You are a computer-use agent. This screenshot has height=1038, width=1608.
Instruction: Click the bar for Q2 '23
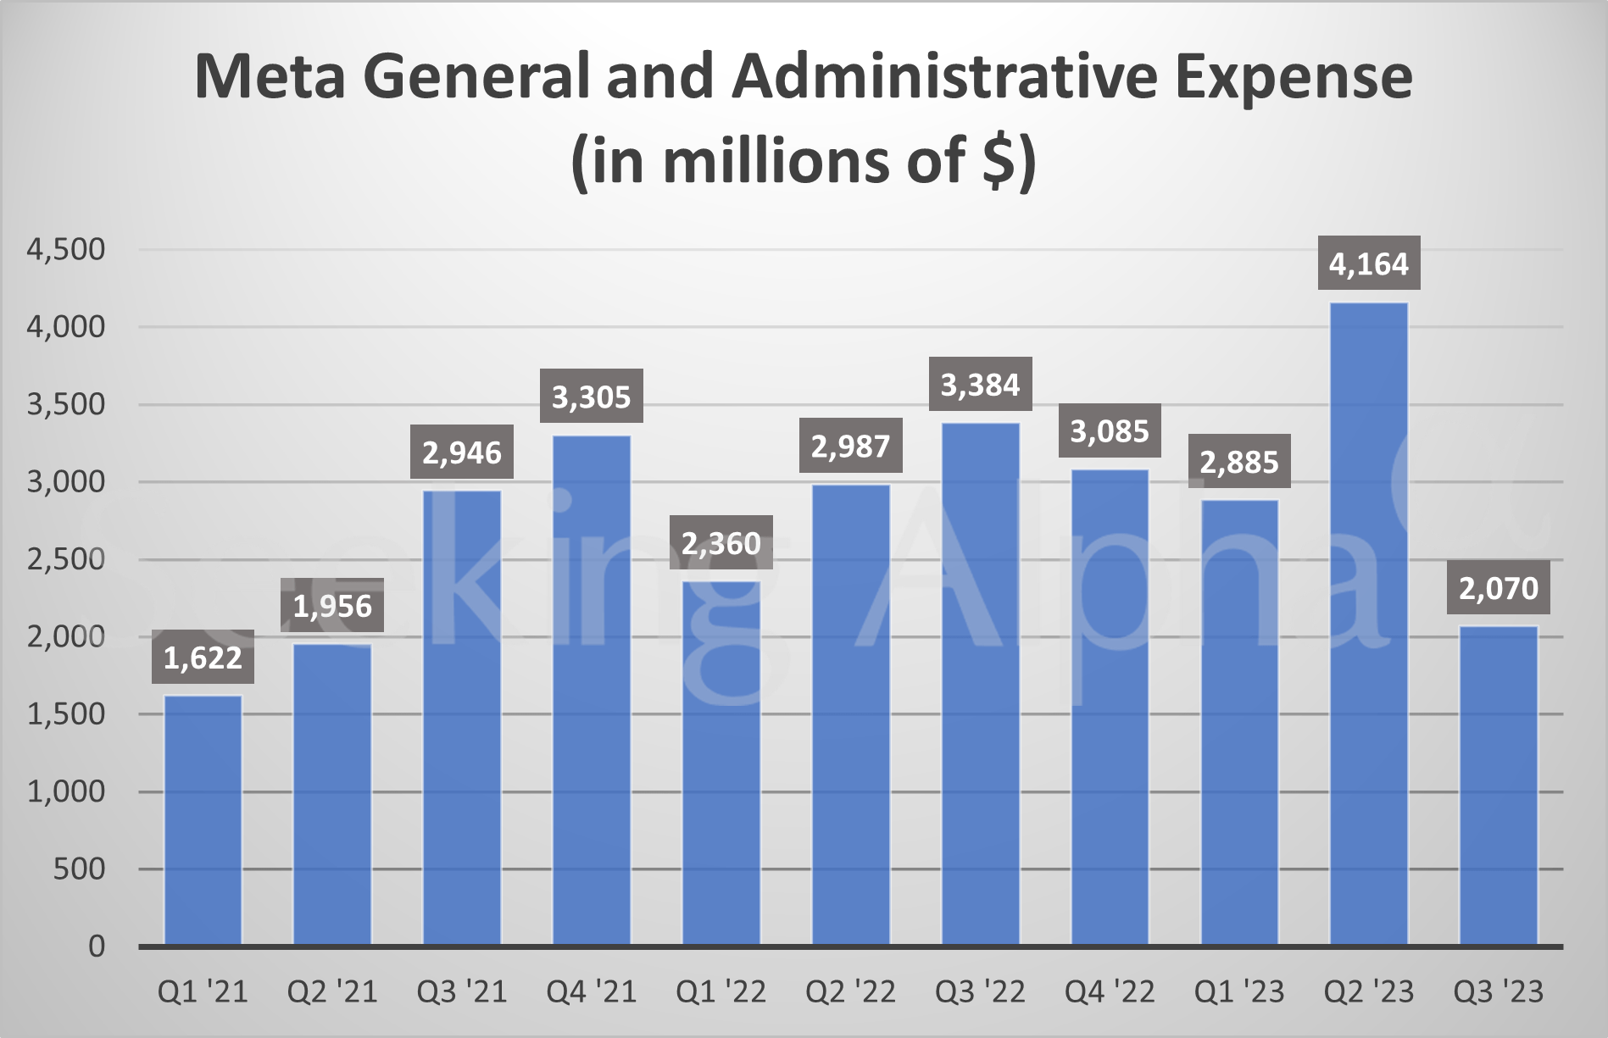click(1369, 624)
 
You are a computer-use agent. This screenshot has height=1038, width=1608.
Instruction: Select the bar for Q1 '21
click(203, 820)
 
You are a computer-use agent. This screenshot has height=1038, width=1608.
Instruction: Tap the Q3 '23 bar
click(1499, 785)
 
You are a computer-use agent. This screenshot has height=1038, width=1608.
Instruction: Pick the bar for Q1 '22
click(721, 763)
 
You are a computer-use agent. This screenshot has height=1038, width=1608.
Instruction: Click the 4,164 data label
click(1369, 264)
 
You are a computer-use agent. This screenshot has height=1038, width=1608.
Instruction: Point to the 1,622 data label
click(203, 657)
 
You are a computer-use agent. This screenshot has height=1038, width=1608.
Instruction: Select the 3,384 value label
click(981, 385)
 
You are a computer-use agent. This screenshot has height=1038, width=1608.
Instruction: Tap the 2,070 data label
click(1499, 587)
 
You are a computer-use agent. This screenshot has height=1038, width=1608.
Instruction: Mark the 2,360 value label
click(721, 542)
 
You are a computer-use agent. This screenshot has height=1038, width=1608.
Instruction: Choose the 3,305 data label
click(592, 397)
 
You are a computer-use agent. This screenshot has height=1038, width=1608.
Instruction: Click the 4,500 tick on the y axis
click(66, 249)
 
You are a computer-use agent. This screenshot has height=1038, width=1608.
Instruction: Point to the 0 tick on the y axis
click(97, 946)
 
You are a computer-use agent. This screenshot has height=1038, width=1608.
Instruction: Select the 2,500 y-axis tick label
click(66, 559)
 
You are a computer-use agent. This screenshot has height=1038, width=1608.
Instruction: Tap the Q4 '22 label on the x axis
click(1110, 991)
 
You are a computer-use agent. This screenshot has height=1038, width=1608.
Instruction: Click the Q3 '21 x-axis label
click(462, 991)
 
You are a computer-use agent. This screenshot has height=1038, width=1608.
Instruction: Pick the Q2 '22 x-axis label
click(851, 991)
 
